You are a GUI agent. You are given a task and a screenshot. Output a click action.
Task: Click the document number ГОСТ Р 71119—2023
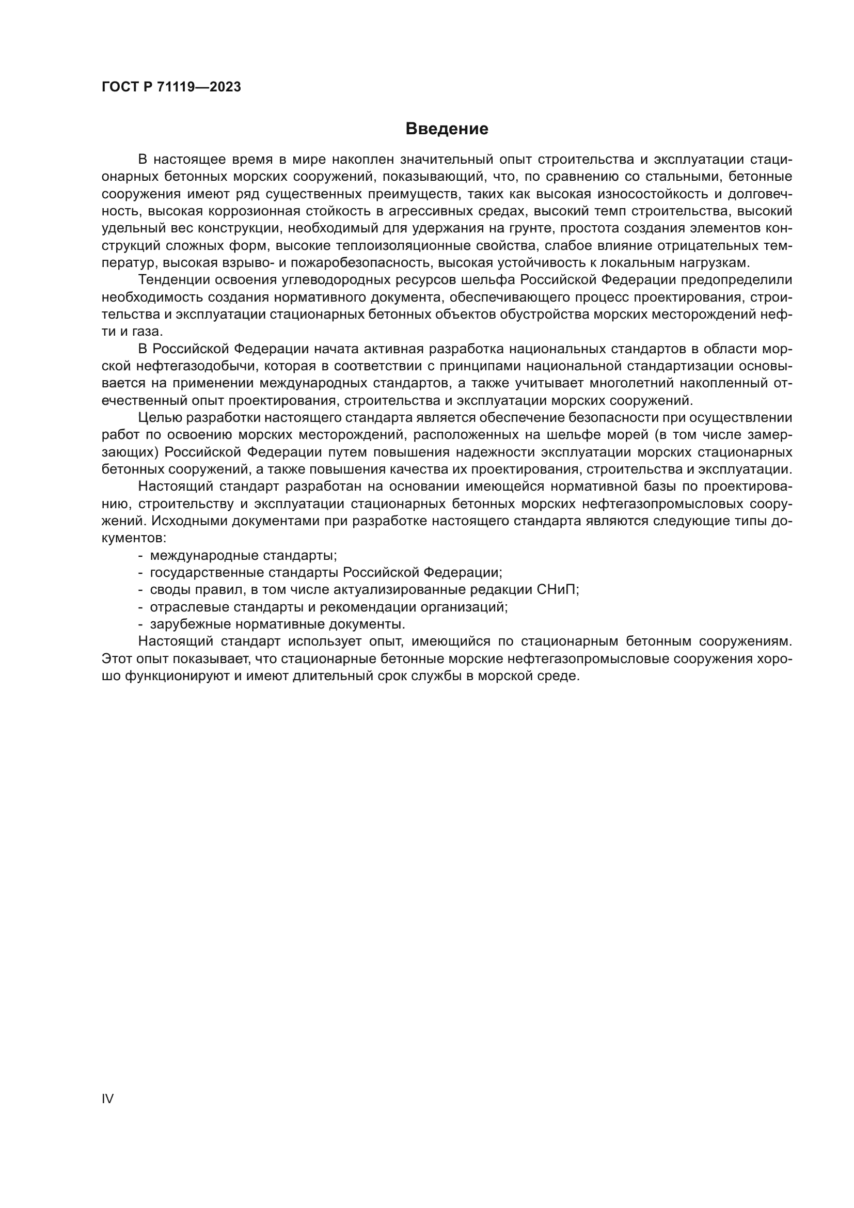[x=171, y=87]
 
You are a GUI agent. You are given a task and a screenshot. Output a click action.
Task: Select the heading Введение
[x=447, y=129]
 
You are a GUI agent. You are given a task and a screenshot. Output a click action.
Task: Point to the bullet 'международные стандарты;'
[x=244, y=556]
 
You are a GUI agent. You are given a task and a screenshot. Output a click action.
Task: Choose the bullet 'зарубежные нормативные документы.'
[x=278, y=624]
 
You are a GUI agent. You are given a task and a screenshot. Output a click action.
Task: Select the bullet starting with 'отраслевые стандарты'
[x=329, y=607]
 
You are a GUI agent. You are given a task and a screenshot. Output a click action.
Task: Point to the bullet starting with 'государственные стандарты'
[x=326, y=572]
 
